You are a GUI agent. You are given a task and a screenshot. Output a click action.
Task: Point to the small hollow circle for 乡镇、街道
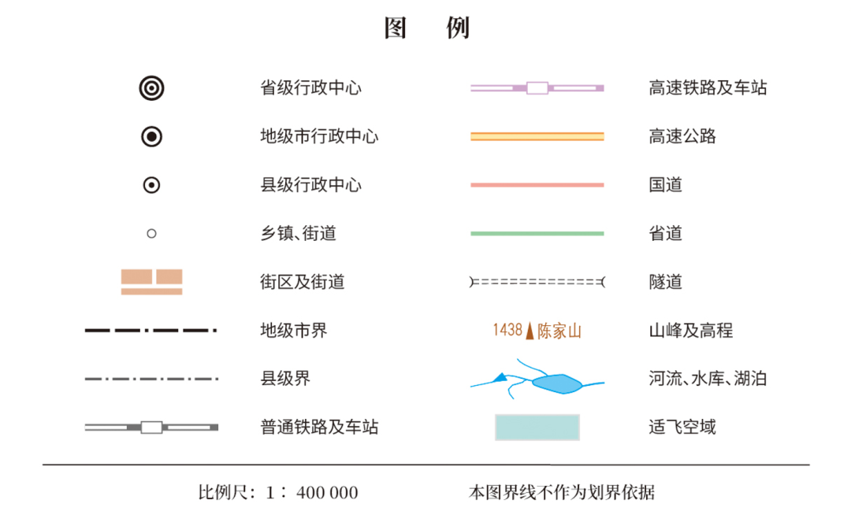point(151,234)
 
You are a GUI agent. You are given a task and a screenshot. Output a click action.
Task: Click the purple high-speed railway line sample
point(537,88)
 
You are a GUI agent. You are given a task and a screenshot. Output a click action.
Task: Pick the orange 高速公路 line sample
point(537,136)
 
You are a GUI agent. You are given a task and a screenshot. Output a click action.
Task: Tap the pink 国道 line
point(537,185)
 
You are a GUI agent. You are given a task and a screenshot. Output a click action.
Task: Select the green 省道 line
point(537,234)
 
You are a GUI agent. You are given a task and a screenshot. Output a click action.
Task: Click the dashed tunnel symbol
point(537,282)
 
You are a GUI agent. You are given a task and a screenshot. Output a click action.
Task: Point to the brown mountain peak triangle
point(530,331)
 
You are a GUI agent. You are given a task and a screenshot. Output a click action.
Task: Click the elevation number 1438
point(507,330)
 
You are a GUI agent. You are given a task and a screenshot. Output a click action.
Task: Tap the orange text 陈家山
point(559,331)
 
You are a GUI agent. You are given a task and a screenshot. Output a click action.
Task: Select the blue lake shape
point(557,383)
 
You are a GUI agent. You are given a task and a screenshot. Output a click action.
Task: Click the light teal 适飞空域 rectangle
point(537,428)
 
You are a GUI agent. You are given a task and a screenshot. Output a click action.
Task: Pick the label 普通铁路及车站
point(319,428)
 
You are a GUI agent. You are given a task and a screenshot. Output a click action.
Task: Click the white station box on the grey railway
point(151,428)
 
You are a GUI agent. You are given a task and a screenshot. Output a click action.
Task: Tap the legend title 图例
point(426,28)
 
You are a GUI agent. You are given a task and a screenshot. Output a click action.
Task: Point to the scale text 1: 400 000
point(312,492)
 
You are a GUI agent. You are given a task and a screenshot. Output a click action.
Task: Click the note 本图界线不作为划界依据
point(562,492)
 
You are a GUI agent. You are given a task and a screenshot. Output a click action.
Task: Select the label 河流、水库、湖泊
point(708,379)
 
